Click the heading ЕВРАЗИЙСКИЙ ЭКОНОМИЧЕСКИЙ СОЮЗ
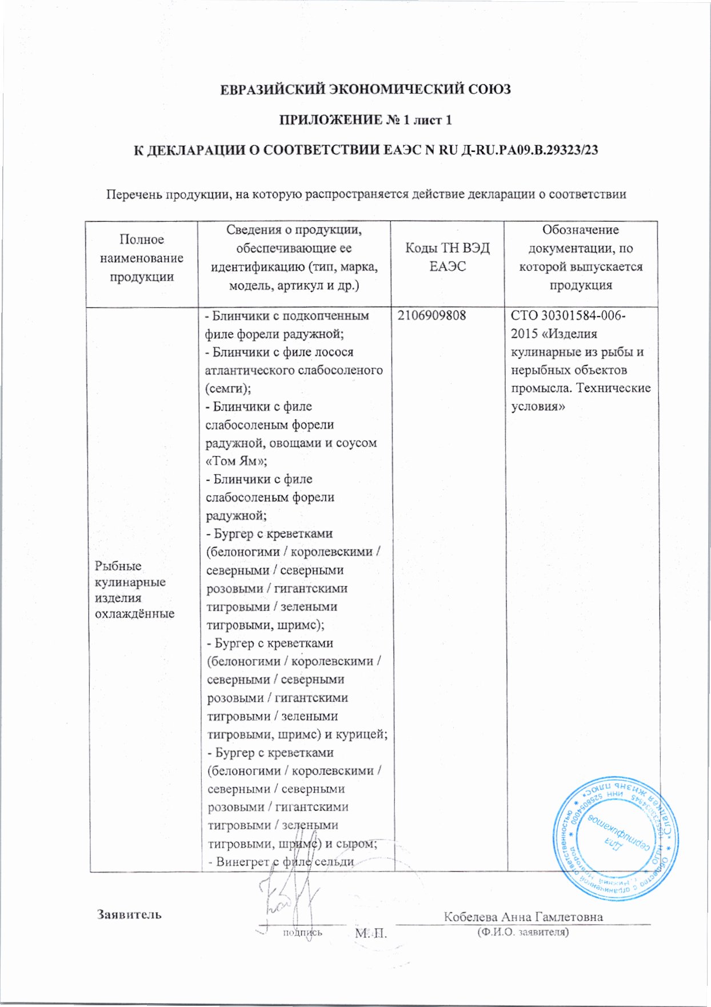coord(365,90)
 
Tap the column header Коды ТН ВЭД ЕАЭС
coord(447,257)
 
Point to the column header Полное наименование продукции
coord(142,258)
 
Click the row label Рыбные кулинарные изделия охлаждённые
coord(135,589)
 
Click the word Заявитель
coord(129,914)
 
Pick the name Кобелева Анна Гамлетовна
coord(523,917)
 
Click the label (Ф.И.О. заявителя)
coord(523,932)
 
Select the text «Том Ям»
coord(236,461)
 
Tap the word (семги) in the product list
coord(228,389)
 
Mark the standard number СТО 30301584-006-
coord(568,315)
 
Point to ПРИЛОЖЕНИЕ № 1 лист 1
coord(365,120)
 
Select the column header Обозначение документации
coord(580,239)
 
